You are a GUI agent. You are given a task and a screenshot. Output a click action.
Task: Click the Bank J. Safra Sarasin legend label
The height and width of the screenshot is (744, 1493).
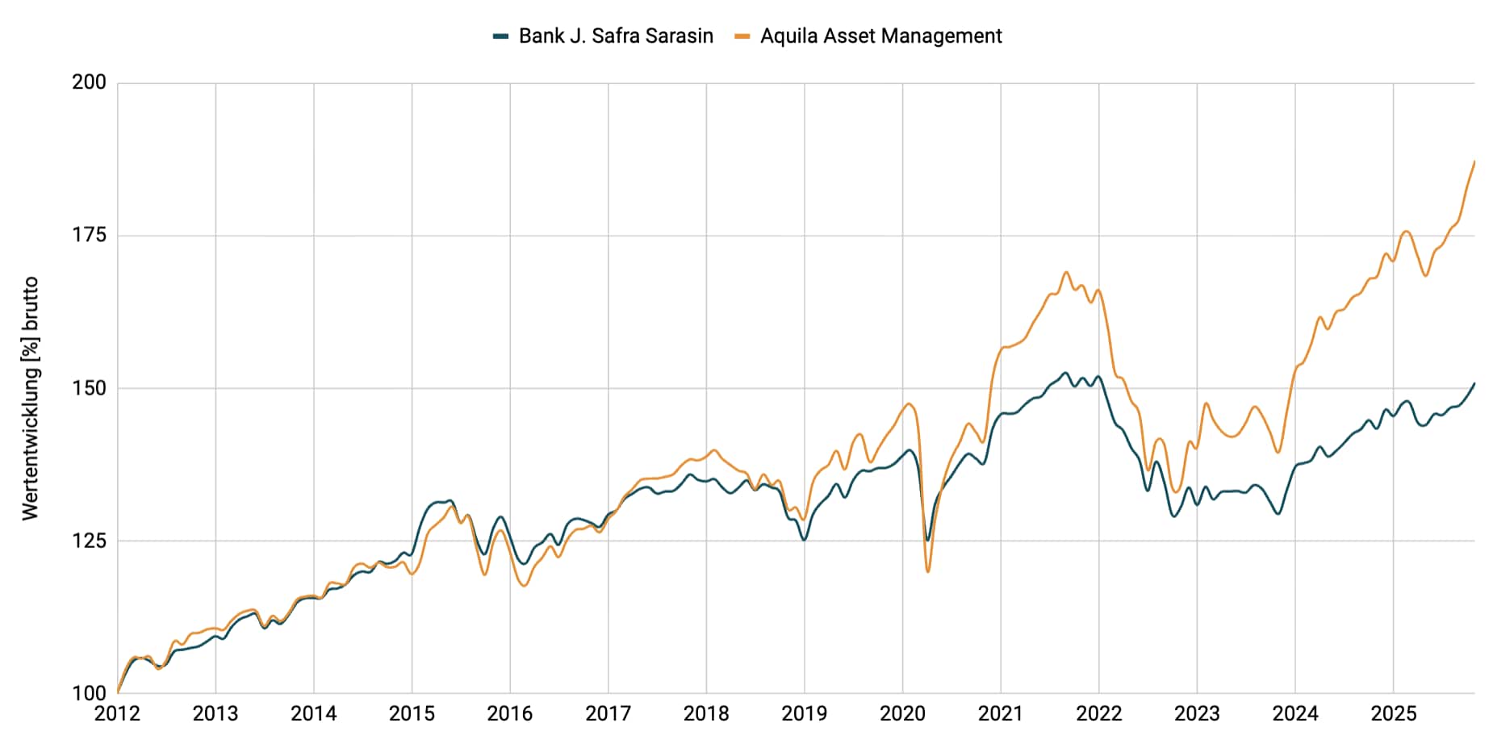[x=616, y=36]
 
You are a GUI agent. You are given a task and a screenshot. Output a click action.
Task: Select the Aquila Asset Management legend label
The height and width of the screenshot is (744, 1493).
[x=880, y=36]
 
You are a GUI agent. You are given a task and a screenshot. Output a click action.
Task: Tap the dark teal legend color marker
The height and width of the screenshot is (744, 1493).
[x=500, y=36]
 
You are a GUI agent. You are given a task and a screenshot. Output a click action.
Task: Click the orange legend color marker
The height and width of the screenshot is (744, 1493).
[x=742, y=36]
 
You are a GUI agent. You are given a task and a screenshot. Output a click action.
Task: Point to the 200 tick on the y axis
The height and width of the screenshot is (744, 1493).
[x=89, y=82]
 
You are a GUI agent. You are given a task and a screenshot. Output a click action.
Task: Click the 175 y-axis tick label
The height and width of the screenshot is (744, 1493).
[x=89, y=235]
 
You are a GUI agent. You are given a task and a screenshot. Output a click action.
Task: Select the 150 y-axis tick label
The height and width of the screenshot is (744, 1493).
[x=89, y=388]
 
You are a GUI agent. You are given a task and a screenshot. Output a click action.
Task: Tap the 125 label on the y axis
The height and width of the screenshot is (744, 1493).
[x=89, y=541]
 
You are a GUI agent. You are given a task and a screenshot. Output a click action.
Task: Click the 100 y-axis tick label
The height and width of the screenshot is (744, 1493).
[x=89, y=693]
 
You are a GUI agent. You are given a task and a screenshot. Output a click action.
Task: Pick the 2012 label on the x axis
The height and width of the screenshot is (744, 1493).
[x=117, y=714]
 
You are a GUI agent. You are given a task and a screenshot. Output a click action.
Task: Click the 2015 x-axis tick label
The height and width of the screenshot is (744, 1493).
[x=412, y=714]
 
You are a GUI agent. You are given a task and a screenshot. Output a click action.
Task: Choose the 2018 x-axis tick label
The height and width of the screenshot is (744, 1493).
[x=706, y=714]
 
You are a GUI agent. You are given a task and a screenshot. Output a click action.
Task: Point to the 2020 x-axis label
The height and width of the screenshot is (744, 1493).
[x=902, y=714]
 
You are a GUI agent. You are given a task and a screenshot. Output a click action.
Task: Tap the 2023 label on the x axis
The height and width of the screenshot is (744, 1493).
[x=1197, y=714]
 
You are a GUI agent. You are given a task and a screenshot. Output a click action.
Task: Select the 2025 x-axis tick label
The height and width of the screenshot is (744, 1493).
[x=1394, y=714]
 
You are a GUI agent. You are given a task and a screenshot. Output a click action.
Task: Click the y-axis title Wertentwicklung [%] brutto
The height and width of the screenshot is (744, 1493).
[x=31, y=399]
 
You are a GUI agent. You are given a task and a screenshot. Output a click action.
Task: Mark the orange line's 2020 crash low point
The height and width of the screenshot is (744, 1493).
[x=928, y=571]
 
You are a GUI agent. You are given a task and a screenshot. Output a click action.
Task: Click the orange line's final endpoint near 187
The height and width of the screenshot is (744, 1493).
[x=1474, y=161]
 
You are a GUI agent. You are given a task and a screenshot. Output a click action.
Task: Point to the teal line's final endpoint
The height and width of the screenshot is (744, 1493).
[x=1474, y=383]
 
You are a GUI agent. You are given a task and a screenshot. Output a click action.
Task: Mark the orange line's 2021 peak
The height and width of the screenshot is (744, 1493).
[x=1065, y=272]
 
